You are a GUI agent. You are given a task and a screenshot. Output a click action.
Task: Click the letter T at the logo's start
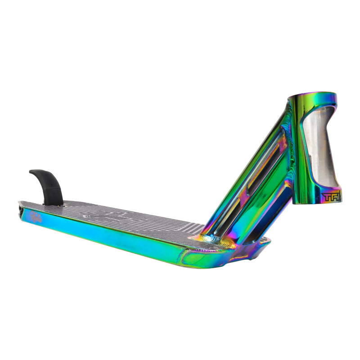point(325,197)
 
